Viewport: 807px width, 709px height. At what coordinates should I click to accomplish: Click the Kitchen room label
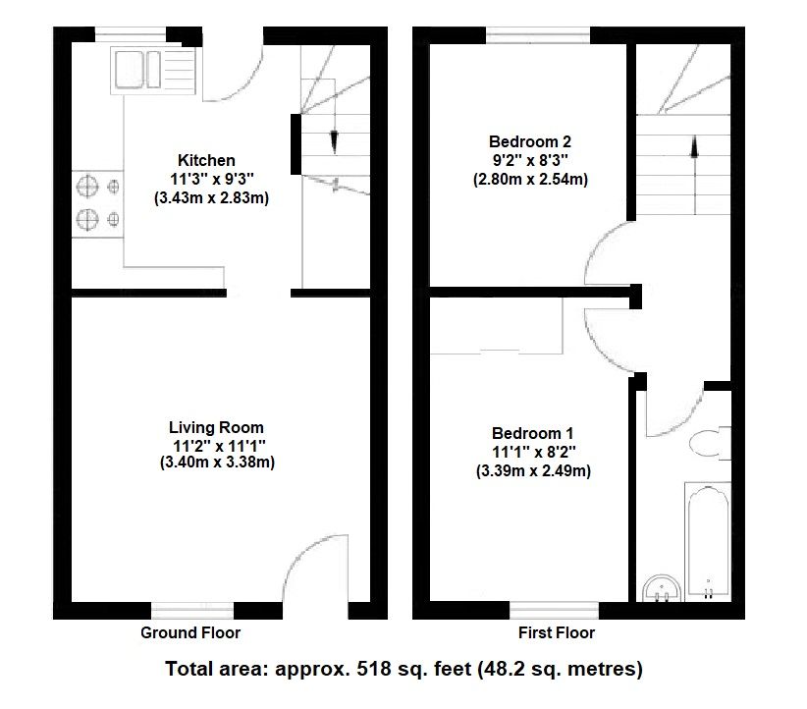(x=206, y=160)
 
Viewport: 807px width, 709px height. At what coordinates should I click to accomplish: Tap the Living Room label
(x=216, y=427)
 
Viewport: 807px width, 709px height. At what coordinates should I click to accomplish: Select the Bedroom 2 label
(x=530, y=140)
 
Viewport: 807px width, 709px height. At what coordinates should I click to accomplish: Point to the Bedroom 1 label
(x=533, y=433)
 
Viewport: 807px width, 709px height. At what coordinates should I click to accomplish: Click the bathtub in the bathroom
(x=707, y=540)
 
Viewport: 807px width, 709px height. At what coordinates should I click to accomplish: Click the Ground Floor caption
(x=190, y=632)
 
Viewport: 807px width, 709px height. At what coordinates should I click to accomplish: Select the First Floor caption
(x=556, y=632)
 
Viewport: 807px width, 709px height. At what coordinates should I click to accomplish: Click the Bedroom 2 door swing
(x=611, y=255)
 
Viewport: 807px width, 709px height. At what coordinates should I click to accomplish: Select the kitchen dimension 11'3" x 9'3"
(x=211, y=179)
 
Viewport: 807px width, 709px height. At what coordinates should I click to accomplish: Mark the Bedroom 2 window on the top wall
(x=538, y=36)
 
